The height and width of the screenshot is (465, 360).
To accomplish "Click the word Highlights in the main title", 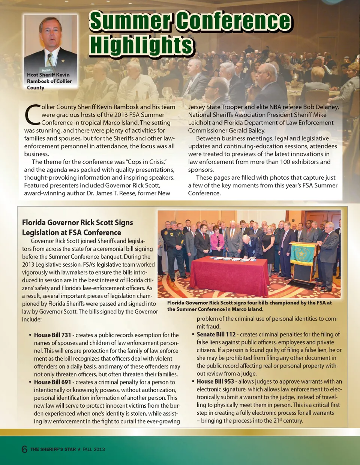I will pos(141,46).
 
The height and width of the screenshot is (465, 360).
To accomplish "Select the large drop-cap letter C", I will pos(32,115).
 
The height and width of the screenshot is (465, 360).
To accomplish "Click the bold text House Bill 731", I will pos(52,335).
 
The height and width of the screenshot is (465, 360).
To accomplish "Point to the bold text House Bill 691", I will pos(52,382).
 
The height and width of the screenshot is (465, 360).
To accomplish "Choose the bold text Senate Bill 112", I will pos(216,334).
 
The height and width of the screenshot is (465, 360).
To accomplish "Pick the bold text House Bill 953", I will pos(215,381).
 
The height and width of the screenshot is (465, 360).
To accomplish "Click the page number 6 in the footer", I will pos(24,449).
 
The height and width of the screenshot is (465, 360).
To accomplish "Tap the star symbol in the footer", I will pos(79,449).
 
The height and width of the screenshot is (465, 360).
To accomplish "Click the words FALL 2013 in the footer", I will pos(94,449).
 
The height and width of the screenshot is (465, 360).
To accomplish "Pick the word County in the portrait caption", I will pos(36,88).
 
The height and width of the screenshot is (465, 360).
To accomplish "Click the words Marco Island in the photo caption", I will pos(247,309).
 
